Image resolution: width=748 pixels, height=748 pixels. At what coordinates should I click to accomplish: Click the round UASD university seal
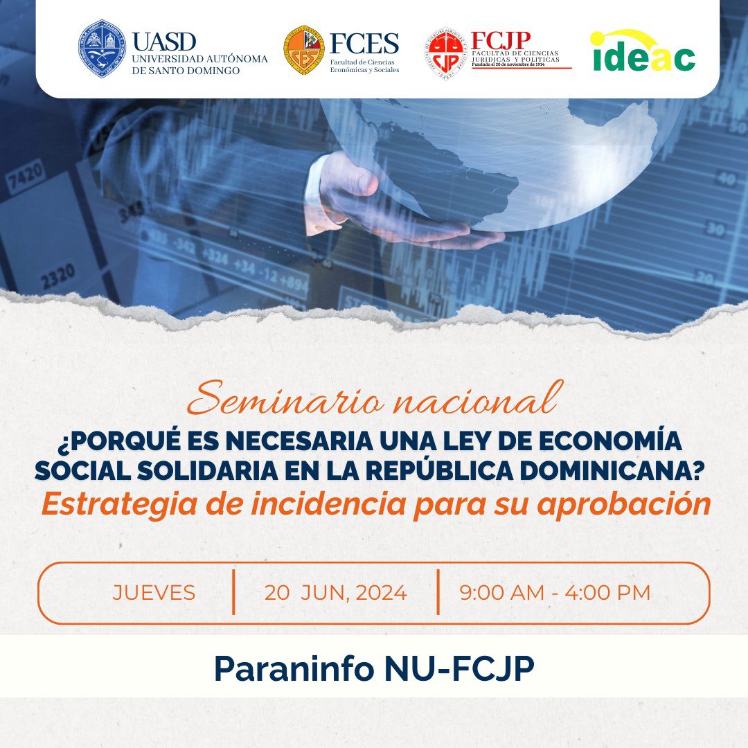pyautogui.click(x=102, y=48)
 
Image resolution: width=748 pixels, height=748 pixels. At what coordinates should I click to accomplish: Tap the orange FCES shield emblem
pyautogui.click(x=303, y=51)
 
